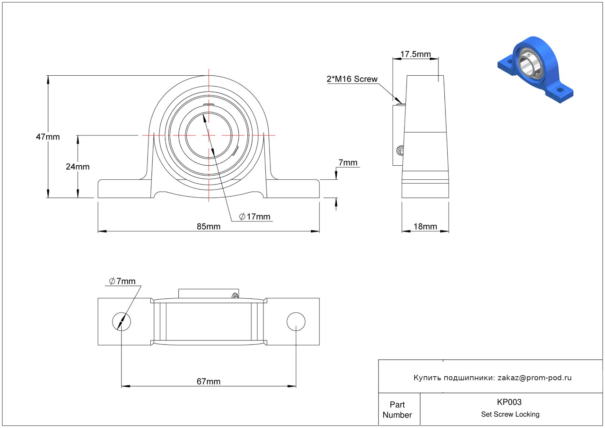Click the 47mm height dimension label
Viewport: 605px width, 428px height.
[48, 137]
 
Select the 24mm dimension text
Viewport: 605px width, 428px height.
[78, 167]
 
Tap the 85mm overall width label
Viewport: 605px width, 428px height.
[208, 227]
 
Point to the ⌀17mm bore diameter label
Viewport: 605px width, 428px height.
[255, 217]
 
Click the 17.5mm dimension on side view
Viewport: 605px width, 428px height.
[415, 54]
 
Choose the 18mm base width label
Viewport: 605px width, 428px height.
[425, 227]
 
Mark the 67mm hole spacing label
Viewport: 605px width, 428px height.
[208, 382]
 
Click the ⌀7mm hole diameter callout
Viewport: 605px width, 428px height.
[122, 281]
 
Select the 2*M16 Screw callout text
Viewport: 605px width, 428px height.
[352, 79]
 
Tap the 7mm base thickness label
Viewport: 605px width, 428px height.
[348, 163]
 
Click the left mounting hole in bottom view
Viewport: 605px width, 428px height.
[121, 321]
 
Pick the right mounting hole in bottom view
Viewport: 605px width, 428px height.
[296, 321]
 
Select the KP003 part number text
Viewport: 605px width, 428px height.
[509, 402]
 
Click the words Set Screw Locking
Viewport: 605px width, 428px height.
[510, 414]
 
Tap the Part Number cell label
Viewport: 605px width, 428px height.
[397, 410]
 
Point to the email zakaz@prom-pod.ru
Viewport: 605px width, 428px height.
[534, 378]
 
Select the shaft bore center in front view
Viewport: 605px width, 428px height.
[209, 135]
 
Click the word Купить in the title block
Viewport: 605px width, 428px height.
[427, 378]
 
